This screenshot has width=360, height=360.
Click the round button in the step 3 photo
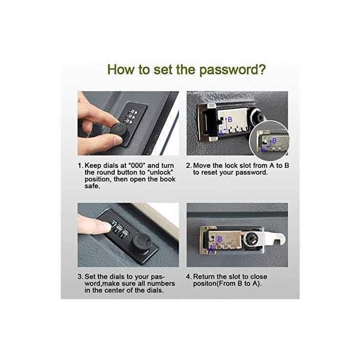coord(141,244)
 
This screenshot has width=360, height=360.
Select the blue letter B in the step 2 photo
coord(230,120)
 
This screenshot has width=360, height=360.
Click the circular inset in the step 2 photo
coord(269,140)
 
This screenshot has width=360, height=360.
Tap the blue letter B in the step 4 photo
coord(220,239)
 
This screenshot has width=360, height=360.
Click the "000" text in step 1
coord(137,165)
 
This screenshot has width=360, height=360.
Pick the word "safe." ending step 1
coord(92,186)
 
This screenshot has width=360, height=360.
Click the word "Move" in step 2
coord(202,165)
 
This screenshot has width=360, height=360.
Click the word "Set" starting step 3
coord(90,277)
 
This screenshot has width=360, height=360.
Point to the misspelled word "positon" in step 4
coord(205,284)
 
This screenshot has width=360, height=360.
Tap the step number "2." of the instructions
coord(188,165)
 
